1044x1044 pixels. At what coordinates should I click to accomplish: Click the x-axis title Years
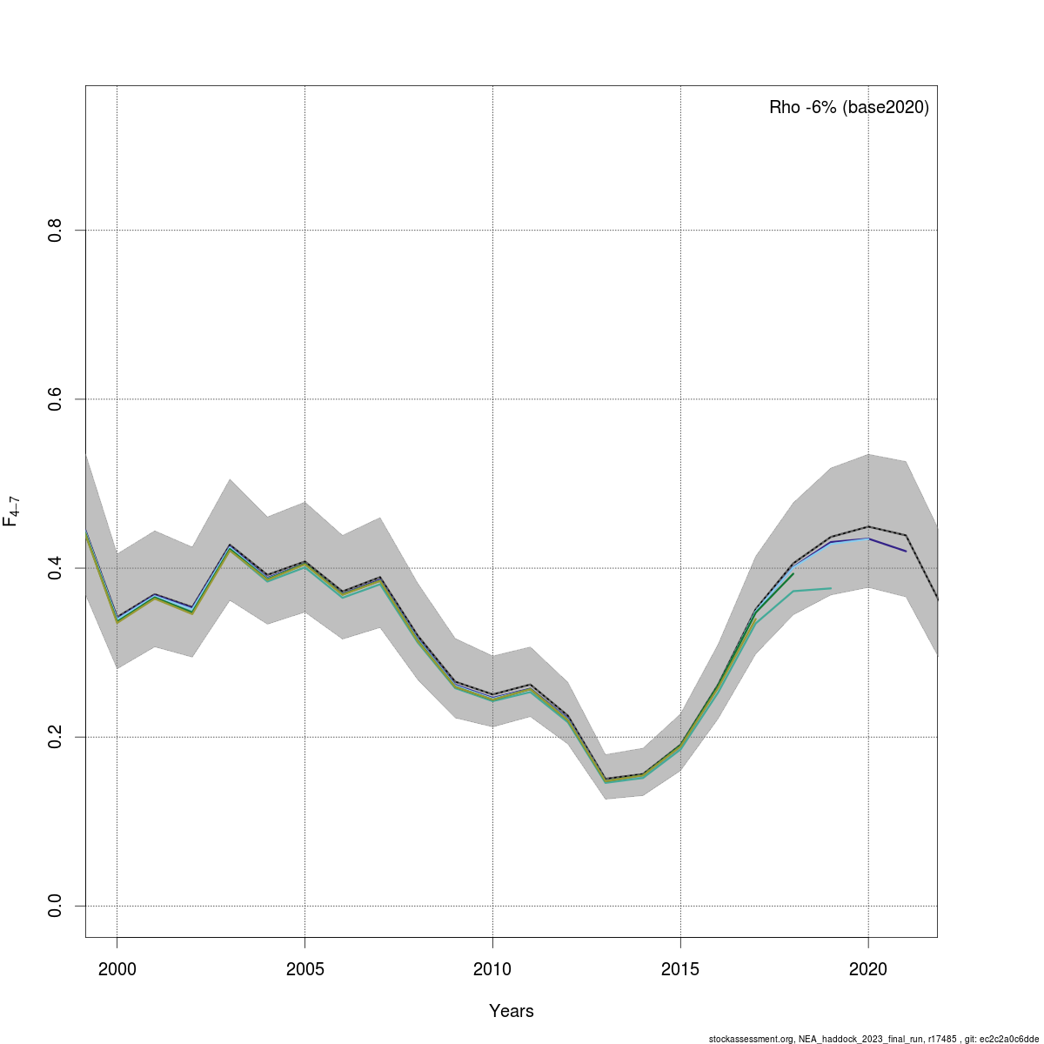(512, 1011)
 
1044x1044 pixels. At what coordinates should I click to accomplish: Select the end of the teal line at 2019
(831, 588)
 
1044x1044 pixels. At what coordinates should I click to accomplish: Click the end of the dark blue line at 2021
(906, 552)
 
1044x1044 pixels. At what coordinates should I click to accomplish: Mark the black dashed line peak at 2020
(868, 526)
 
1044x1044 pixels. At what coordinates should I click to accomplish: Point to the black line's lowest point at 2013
(605, 779)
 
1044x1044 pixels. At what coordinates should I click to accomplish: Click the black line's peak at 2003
(230, 545)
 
